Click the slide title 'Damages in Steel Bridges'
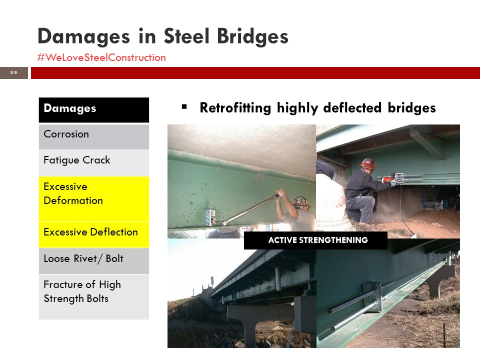pyautogui.click(x=163, y=36)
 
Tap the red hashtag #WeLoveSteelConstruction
pyautogui.click(x=101, y=57)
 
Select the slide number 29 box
pyautogui.click(x=14, y=73)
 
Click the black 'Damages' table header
pyautogui.click(x=93, y=110)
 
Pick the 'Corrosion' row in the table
pyautogui.click(x=93, y=136)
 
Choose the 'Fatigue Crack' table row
pyautogui.click(x=93, y=163)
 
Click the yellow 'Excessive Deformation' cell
pyautogui.click(x=93, y=198)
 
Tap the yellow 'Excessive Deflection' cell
pyautogui.click(x=93, y=234)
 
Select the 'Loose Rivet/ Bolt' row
pyautogui.click(x=93, y=261)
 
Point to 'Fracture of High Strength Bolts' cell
pyautogui.click(x=93, y=296)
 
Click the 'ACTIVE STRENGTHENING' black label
pyautogui.click(x=315, y=240)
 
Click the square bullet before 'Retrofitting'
pyautogui.click(x=184, y=107)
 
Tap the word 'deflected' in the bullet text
pyautogui.click(x=352, y=108)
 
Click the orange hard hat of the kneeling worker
pyautogui.click(x=367, y=164)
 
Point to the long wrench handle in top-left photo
pyautogui.click(x=251, y=209)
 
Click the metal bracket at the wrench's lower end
pyautogui.click(x=210, y=217)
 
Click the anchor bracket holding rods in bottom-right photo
pyautogui.click(x=372, y=297)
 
